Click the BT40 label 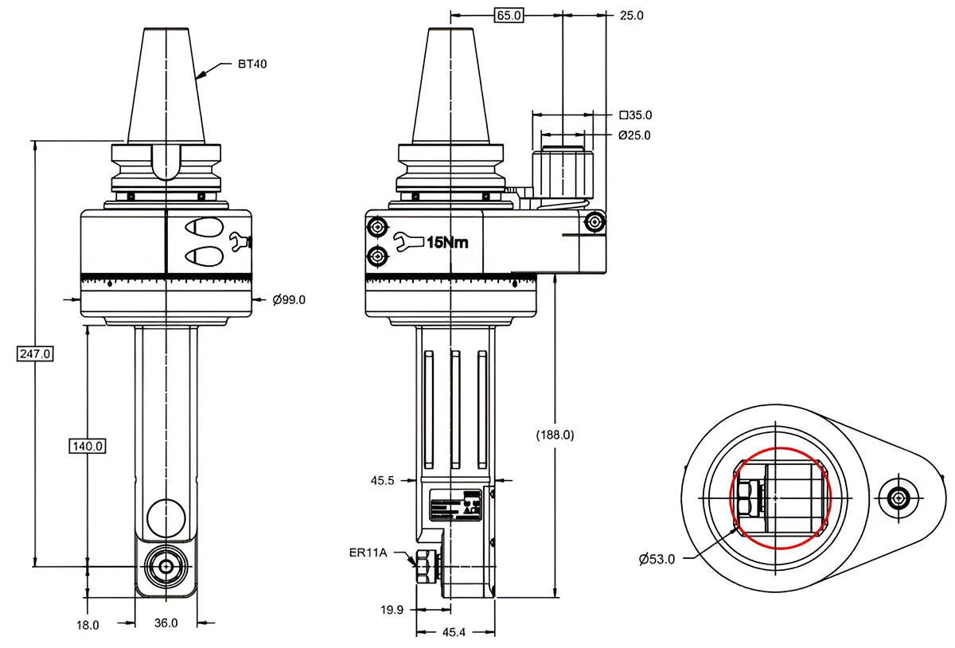(x=252, y=64)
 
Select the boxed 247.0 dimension (x=35, y=353)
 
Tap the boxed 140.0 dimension (x=88, y=446)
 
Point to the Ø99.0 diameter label (x=289, y=300)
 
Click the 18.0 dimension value (x=88, y=625)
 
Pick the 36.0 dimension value (x=166, y=623)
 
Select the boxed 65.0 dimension (x=509, y=15)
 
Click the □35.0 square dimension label (x=634, y=115)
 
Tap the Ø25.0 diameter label (x=634, y=135)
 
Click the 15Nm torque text (x=447, y=243)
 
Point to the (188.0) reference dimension (x=555, y=435)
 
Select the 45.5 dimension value (x=384, y=480)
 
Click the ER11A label (x=368, y=552)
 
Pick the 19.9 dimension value (x=392, y=610)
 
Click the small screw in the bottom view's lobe (x=898, y=498)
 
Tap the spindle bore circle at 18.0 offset (x=166, y=566)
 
